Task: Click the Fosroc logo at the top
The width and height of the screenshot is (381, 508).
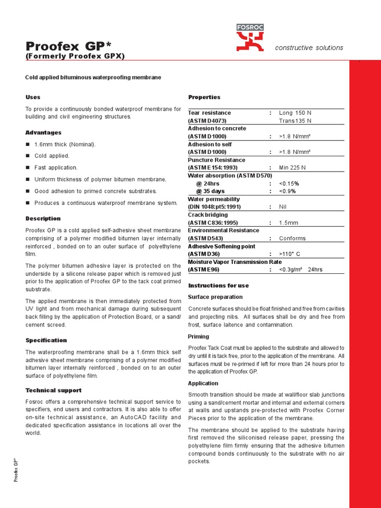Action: (250, 38)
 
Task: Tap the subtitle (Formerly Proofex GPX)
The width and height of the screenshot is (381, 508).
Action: (75, 56)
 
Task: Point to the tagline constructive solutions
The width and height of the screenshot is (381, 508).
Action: (309, 48)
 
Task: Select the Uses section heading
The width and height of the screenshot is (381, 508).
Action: (33, 97)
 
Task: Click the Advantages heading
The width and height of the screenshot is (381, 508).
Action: (43, 132)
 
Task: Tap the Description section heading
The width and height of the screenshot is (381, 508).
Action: (43, 218)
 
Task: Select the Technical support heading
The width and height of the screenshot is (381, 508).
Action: (53, 390)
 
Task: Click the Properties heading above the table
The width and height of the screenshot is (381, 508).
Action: (204, 97)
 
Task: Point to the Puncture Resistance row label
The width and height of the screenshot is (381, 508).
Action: (216, 160)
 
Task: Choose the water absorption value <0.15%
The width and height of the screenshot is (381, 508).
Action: (289, 184)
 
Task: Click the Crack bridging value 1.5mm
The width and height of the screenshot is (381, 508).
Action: (289, 223)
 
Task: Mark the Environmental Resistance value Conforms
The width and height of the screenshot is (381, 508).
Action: (292, 239)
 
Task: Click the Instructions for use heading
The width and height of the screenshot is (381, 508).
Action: (218, 286)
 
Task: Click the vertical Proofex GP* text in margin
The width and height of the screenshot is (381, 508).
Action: (16, 469)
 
